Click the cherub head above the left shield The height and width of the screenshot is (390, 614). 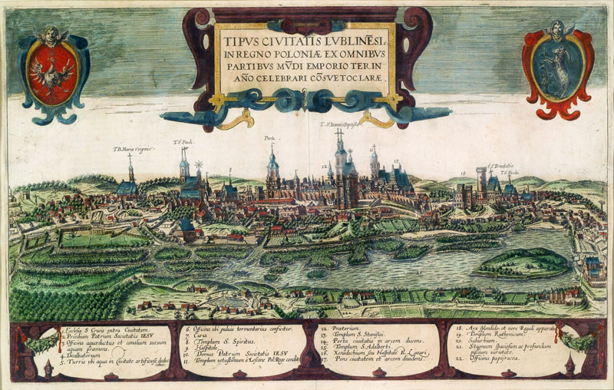50,35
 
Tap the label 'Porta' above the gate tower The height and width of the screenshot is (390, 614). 270,140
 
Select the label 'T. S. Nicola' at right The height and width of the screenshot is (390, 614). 510,173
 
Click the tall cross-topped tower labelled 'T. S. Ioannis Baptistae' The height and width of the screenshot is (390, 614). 340,165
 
